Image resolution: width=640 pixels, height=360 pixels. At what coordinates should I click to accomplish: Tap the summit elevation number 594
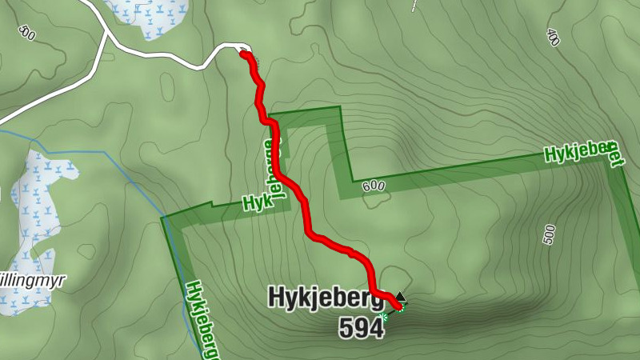pos(361,328)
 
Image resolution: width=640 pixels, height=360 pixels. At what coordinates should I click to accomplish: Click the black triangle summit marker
pos(400,296)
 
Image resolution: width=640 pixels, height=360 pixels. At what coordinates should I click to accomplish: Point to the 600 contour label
pos(373,186)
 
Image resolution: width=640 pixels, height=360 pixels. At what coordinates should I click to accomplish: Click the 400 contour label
pos(553,37)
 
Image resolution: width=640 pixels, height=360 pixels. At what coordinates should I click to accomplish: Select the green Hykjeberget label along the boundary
pos(583,152)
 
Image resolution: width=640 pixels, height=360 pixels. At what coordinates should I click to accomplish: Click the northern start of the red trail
pos(243,54)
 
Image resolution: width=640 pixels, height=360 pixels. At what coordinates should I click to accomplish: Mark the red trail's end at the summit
pos(398,304)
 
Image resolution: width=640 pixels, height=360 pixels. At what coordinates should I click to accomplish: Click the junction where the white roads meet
pos(107,35)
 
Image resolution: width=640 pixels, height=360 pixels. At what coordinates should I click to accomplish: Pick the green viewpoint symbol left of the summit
pos(385,318)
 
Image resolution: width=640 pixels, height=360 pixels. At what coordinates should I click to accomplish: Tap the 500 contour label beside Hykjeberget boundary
pos(549,234)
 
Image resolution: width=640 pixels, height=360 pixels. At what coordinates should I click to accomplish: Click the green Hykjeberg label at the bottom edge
pos(203,320)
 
